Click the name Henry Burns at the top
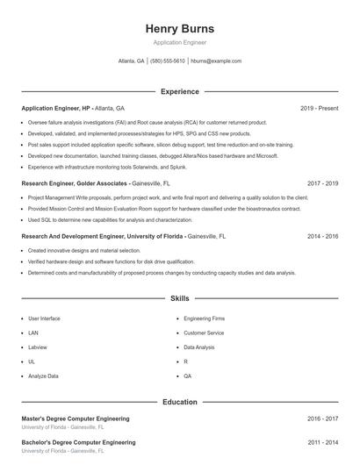(179, 29)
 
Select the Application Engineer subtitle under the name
(179, 42)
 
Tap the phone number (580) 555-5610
(168, 61)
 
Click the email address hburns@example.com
(215, 61)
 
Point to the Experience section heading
(179, 91)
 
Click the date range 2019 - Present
(319, 108)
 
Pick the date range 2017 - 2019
(322, 183)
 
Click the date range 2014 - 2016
(322, 236)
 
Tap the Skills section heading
(179, 299)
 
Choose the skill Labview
(39, 347)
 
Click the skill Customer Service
(204, 333)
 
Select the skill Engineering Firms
(204, 318)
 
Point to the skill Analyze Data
(44, 376)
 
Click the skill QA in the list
(187, 376)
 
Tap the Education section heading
(179, 402)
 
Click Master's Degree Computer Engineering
(76, 419)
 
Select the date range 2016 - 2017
(322, 419)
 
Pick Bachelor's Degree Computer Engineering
(78, 442)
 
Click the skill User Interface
(44, 318)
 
